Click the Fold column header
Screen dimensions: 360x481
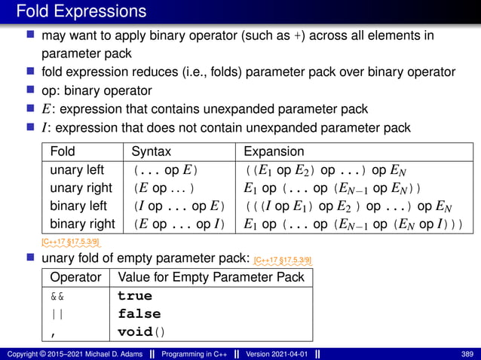click(x=63, y=151)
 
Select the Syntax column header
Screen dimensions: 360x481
click(x=152, y=151)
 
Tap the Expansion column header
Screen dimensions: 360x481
click(x=274, y=151)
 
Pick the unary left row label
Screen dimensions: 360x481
click(x=77, y=169)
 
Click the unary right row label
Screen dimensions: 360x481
click(x=81, y=188)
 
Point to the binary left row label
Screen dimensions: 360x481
click(x=78, y=206)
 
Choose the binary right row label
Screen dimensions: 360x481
click(x=82, y=224)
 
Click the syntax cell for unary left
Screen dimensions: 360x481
click(x=166, y=169)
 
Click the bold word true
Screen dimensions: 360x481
click(x=135, y=296)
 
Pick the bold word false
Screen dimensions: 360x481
click(x=139, y=313)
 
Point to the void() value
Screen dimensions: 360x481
click(x=142, y=331)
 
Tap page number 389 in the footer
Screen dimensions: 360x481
click(x=467, y=353)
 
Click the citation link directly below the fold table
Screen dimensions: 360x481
click(x=69, y=241)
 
